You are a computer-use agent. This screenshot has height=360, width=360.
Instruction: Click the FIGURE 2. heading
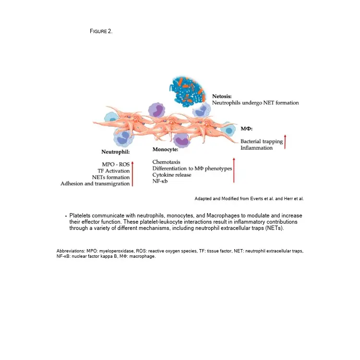101,31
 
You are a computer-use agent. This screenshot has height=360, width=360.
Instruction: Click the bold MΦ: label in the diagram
246,129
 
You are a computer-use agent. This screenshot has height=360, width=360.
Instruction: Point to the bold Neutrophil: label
115,152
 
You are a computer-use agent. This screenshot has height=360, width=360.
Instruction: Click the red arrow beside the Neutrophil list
132,174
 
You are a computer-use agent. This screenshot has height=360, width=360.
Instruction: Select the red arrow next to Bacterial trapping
285,143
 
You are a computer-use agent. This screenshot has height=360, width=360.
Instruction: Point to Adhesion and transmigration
95,183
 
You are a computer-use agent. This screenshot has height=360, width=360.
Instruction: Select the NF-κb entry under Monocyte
160,181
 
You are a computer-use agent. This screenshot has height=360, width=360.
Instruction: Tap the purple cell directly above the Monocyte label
181,140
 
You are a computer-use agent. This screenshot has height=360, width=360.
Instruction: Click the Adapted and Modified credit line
249,198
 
